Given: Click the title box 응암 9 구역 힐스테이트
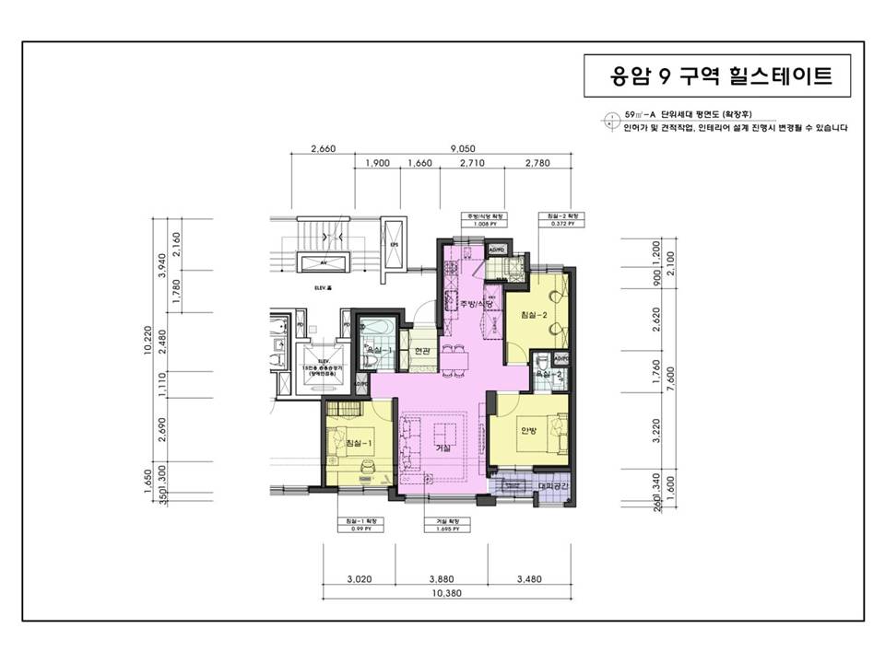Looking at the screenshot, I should pos(722,76).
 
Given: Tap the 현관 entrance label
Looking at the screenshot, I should pos(422,351).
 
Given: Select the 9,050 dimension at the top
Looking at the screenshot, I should pos(463,148).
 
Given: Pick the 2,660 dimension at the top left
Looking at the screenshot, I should pos(324,148).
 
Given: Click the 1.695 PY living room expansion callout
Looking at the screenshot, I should pos(442,526).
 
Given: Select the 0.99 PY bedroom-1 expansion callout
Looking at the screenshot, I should pos(360,526).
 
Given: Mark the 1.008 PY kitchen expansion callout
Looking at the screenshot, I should pos(480,219).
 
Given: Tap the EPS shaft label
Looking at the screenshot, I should pos(394,245).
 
